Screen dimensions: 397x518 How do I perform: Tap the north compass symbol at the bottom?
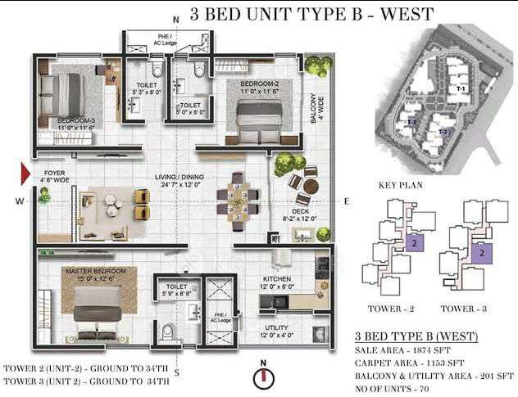point(262,378)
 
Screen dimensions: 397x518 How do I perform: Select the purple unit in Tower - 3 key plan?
point(483,255)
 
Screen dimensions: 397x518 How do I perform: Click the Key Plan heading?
point(399,186)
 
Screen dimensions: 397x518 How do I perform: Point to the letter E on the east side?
point(346,201)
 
